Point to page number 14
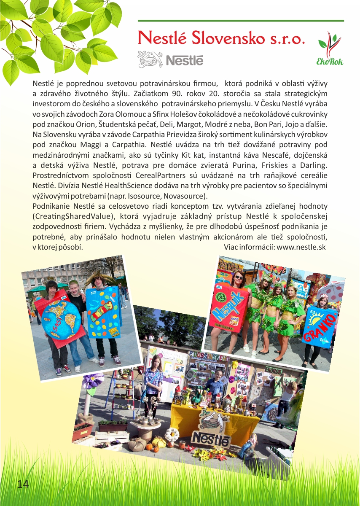click(x=23, y=484)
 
